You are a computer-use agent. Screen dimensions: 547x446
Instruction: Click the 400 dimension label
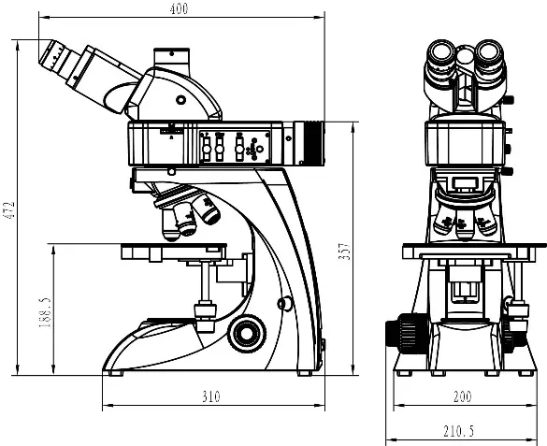[179, 8]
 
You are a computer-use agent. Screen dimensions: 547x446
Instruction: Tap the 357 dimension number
[344, 252]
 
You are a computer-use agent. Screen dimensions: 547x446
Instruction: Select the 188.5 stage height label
[45, 312]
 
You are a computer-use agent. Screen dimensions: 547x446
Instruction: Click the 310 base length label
[211, 396]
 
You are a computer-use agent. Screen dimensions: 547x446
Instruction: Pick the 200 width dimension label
[463, 396]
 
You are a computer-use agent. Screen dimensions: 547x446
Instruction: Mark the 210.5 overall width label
[459, 431]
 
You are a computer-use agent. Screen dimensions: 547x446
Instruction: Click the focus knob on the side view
[247, 334]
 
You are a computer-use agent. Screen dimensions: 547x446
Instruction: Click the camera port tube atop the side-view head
[172, 59]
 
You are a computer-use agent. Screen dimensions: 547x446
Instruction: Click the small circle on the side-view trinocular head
[180, 100]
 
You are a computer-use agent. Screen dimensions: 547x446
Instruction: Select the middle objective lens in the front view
[463, 225]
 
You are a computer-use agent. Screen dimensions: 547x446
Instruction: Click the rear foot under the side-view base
[305, 373]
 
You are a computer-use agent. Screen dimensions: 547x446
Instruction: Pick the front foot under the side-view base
[116, 373]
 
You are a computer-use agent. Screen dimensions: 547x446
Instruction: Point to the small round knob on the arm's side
[284, 303]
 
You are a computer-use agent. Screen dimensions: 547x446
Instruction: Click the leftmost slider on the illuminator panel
[207, 149]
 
